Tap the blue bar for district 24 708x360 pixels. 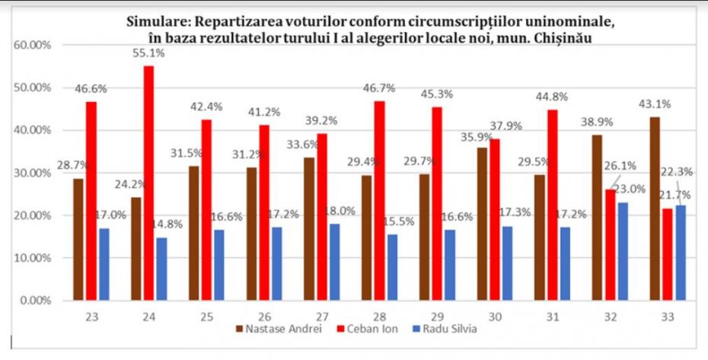[161, 269]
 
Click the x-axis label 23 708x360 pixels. [91, 315]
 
